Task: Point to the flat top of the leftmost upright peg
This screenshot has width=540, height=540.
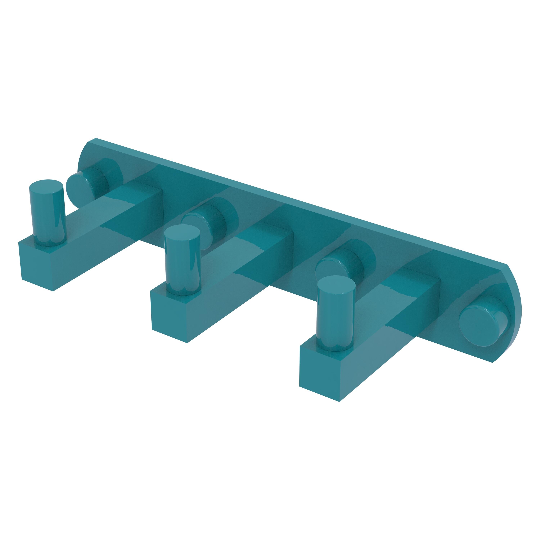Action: coord(46,185)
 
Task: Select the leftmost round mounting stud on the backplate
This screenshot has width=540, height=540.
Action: coord(80,186)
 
